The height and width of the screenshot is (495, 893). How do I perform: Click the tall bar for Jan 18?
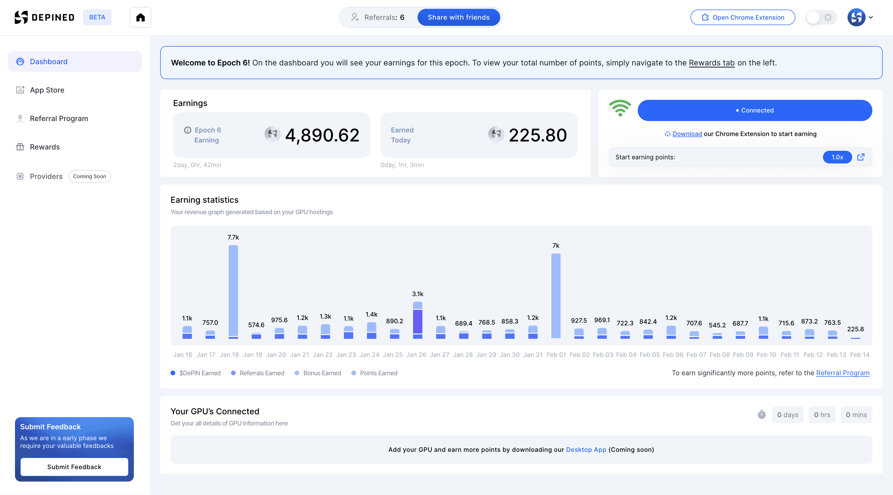(x=233, y=292)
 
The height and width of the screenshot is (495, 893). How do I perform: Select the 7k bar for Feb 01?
(x=556, y=296)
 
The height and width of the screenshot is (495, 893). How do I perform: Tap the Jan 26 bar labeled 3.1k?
(x=418, y=320)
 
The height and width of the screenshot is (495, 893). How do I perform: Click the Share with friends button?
(x=459, y=17)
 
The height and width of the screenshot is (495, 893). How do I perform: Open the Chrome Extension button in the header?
(x=743, y=17)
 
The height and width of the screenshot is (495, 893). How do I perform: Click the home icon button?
(x=140, y=17)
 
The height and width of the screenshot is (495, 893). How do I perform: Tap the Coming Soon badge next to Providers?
(x=89, y=176)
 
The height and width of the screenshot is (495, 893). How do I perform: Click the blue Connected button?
(x=755, y=110)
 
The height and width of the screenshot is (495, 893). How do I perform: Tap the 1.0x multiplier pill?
(x=837, y=157)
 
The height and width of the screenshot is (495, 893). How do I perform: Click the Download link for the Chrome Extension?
(x=687, y=134)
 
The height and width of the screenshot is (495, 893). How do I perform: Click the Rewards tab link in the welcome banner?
(x=712, y=63)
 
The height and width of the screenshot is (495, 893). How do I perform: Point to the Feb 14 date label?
(x=860, y=355)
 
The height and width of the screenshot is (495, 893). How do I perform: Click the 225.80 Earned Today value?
(x=538, y=135)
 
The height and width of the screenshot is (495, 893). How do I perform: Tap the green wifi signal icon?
(x=620, y=108)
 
